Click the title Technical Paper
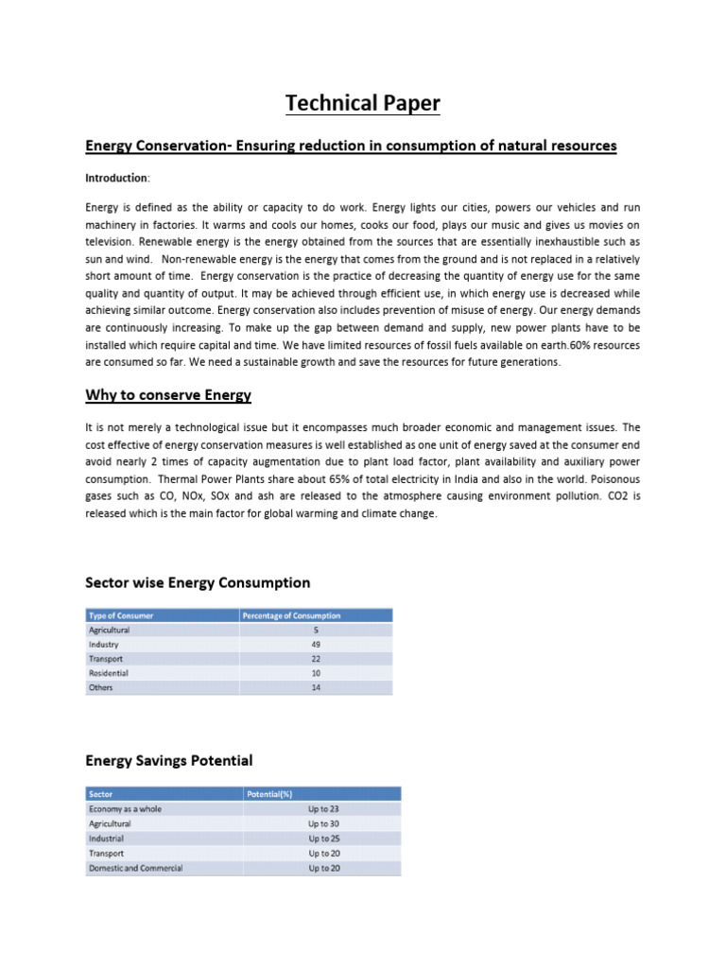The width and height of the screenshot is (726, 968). [x=364, y=103]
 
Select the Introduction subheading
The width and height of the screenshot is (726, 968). [x=116, y=178]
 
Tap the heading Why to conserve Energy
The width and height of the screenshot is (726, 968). [x=168, y=394]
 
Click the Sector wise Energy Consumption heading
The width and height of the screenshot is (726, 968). [x=198, y=582]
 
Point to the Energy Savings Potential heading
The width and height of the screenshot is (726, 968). [x=169, y=760]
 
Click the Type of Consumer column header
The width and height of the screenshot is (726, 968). [x=121, y=615]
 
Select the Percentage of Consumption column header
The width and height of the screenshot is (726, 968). [x=292, y=615]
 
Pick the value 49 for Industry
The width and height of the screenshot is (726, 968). [x=316, y=645]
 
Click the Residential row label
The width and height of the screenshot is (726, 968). [x=109, y=673]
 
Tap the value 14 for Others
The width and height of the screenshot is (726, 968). [x=316, y=688]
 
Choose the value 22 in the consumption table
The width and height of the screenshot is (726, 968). [x=316, y=659]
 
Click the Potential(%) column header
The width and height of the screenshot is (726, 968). [x=270, y=794]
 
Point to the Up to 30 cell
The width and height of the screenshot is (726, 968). [x=324, y=824]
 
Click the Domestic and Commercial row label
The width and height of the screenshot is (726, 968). [x=136, y=868]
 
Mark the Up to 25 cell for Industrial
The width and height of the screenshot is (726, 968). [x=324, y=838]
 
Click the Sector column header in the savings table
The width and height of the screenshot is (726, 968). [x=100, y=794]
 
